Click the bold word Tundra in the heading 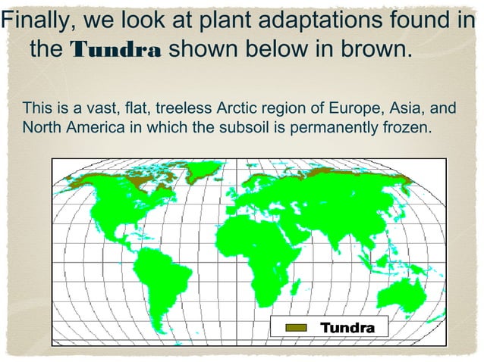115,51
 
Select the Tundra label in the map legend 347,329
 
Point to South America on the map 159,280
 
